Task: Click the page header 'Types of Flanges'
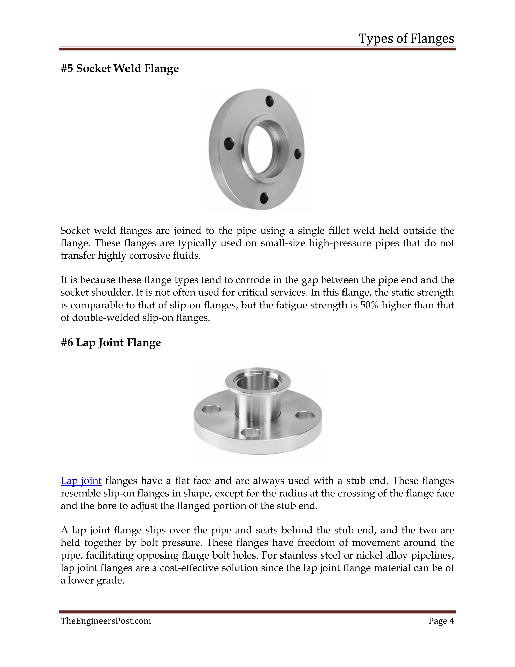[406, 39]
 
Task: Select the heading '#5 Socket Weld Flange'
[120, 69]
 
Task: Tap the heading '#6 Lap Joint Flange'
[111, 343]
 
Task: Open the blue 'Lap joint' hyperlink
[81, 481]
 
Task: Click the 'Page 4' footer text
[441, 621]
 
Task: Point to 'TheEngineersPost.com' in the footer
[106, 621]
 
